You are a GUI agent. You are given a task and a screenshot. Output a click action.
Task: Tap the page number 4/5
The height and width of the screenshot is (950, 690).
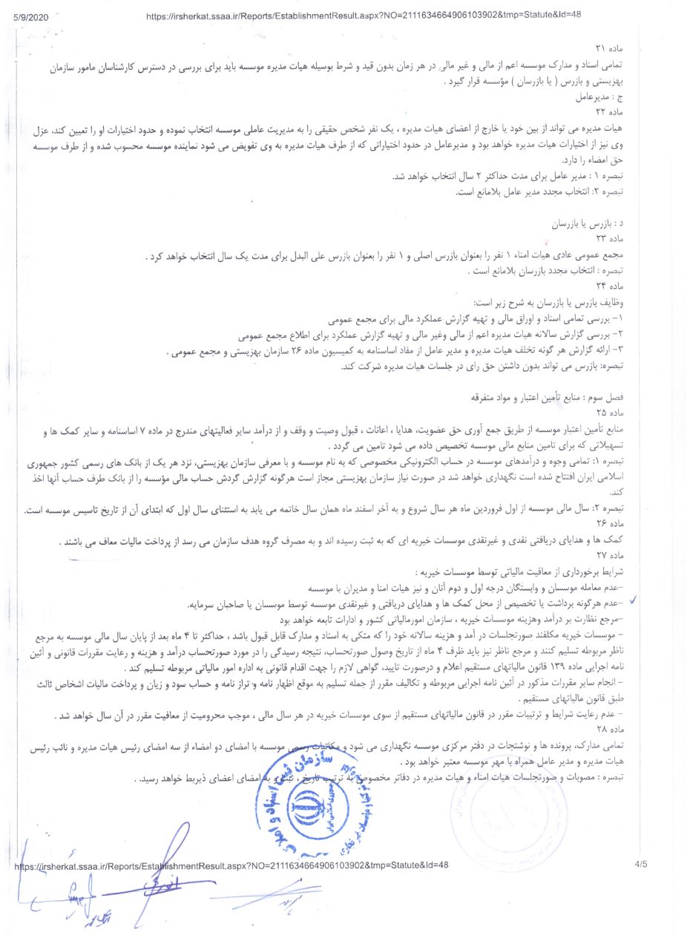tap(640, 864)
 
